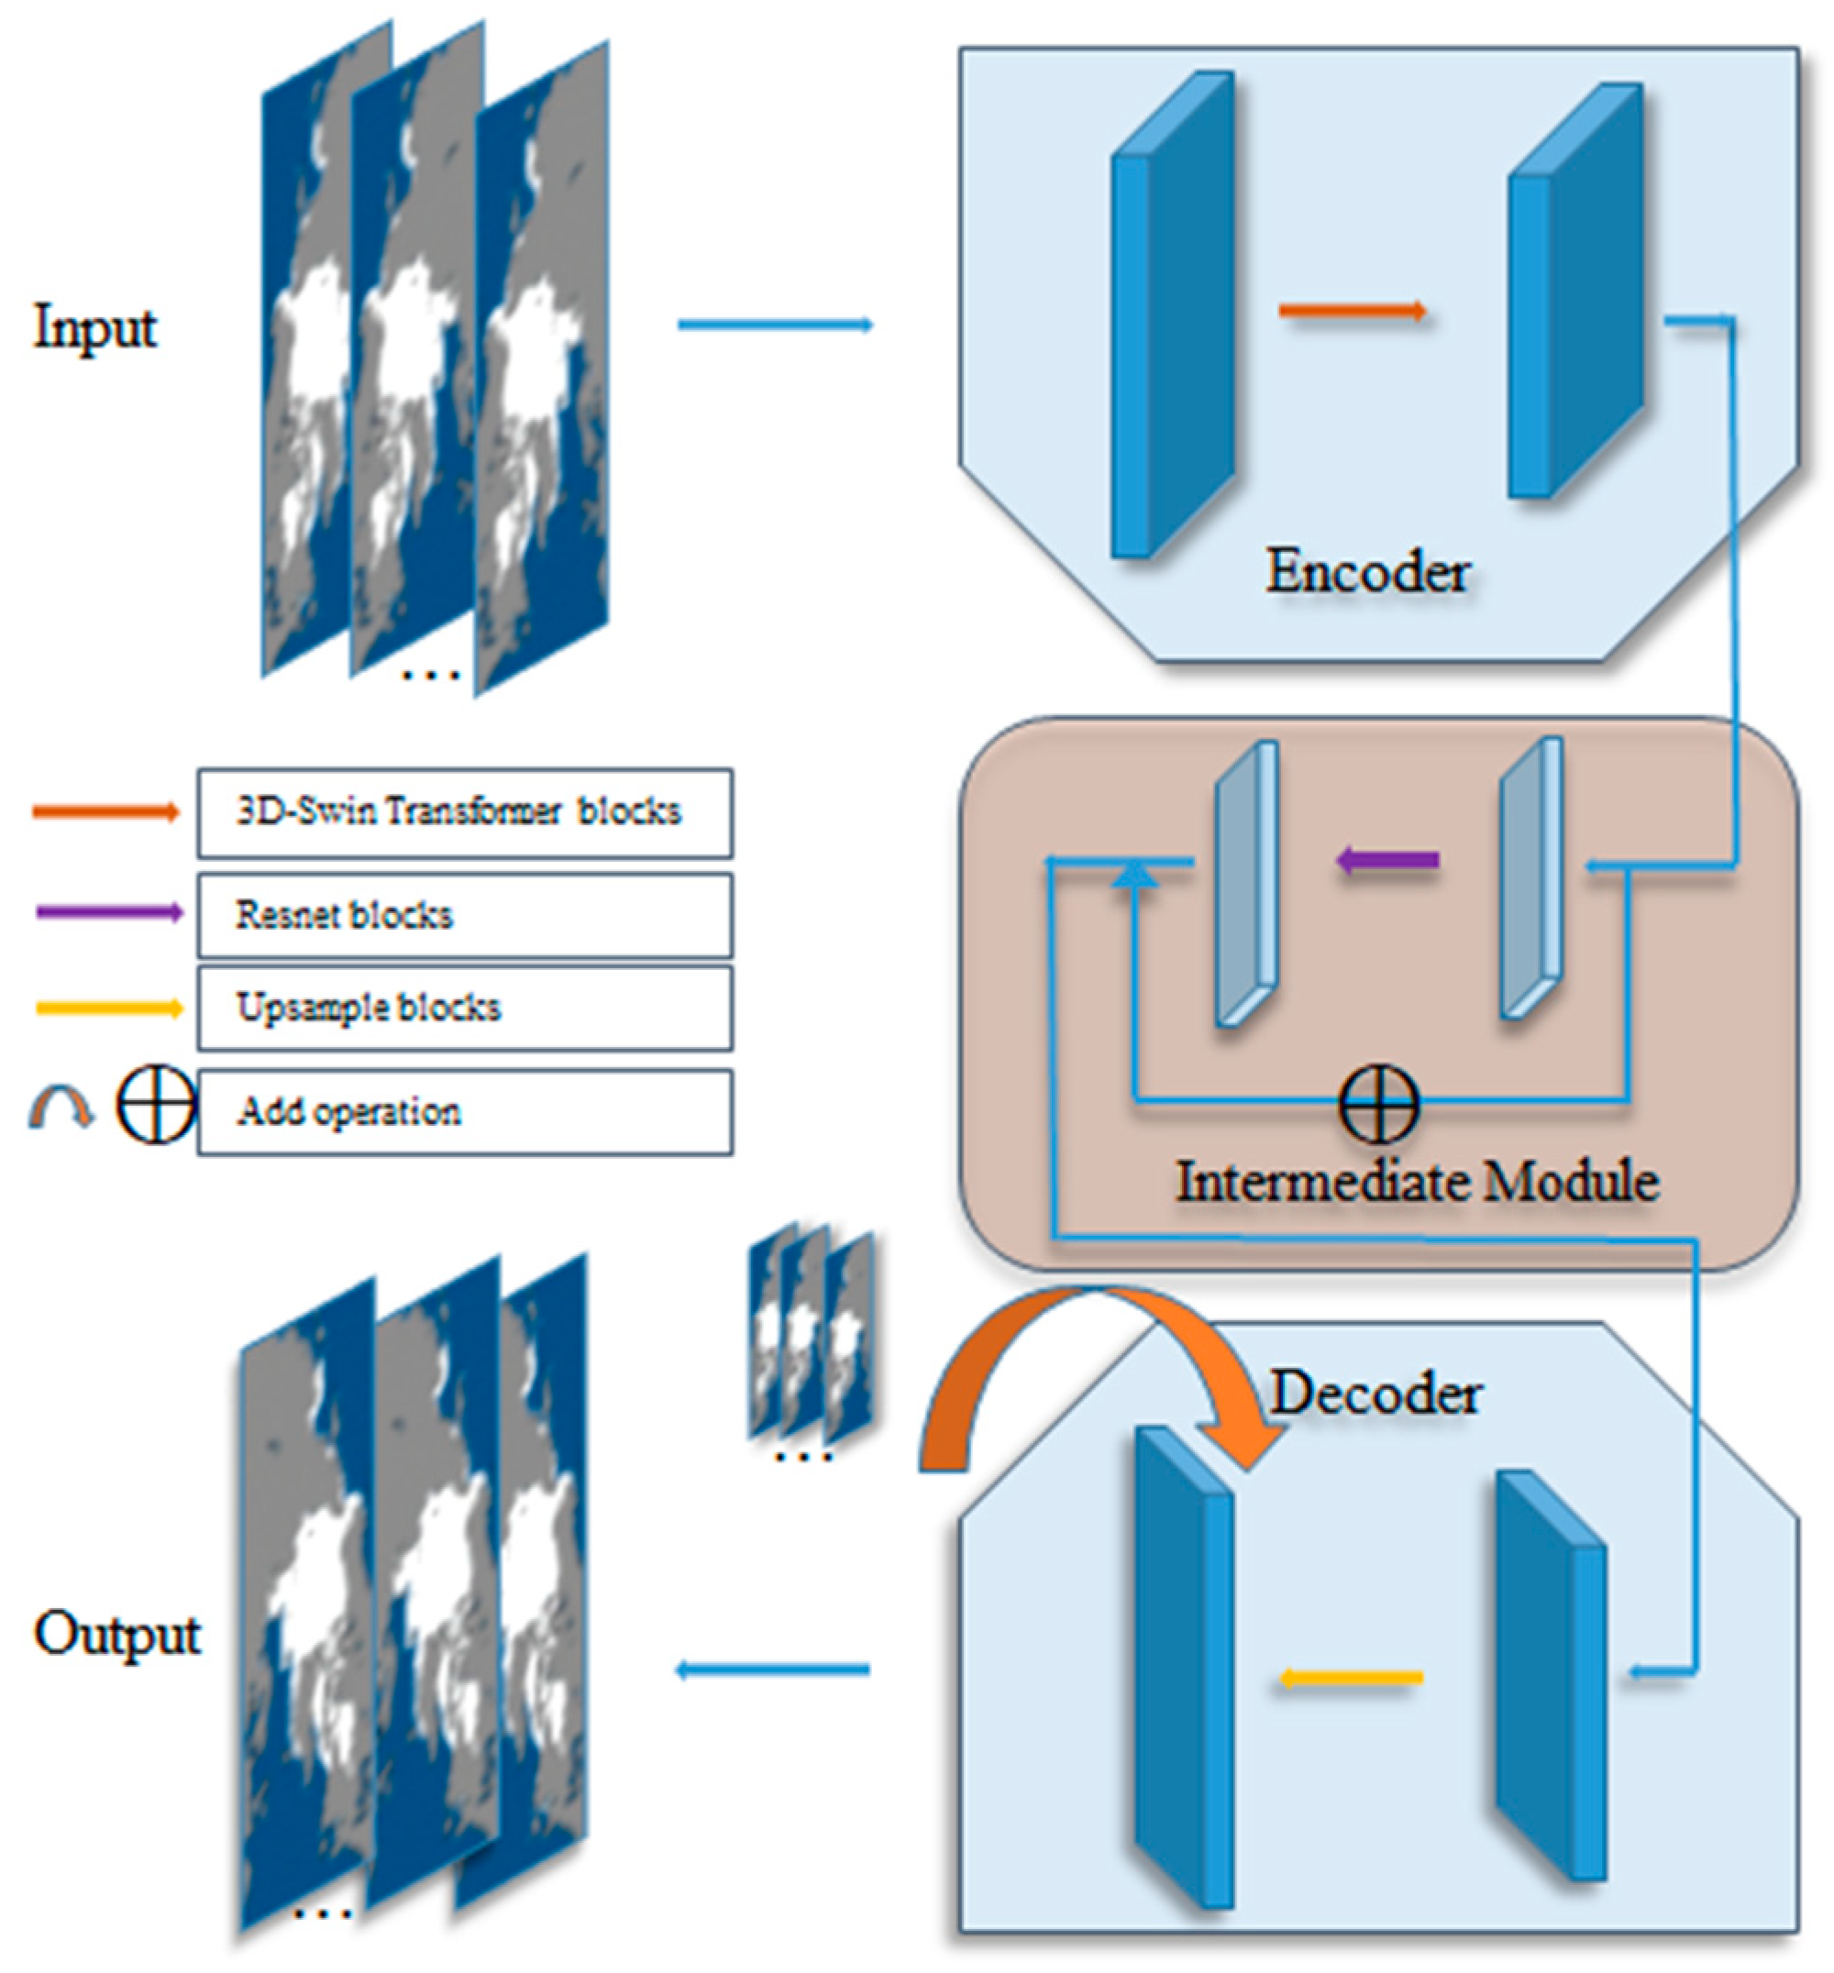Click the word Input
pos(94,327)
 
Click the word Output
pos(117,1635)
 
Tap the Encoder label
pos(1367,573)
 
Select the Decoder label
pos(1376,1394)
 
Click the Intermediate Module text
pos(1417,1181)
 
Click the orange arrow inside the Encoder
pos(1353,312)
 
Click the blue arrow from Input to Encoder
pos(775,325)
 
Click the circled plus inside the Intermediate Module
pos(1379,1103)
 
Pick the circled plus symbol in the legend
pos(156,1105)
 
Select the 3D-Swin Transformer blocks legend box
pos(464,811)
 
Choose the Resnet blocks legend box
pos(464,915)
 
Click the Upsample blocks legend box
pos(464,1009)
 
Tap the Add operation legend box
pos(464,1111)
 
